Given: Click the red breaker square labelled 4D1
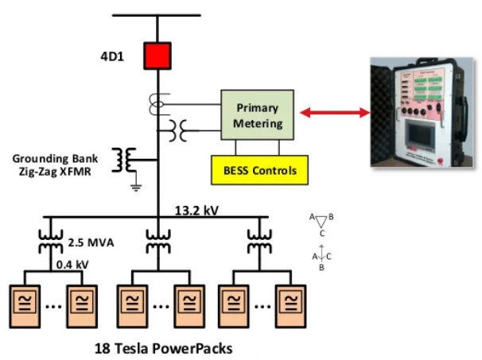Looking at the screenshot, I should click(x=157, y=56).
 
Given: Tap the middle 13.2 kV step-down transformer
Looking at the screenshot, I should click(x=157, y=240).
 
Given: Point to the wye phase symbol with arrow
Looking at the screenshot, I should click(x=321, y=257).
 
